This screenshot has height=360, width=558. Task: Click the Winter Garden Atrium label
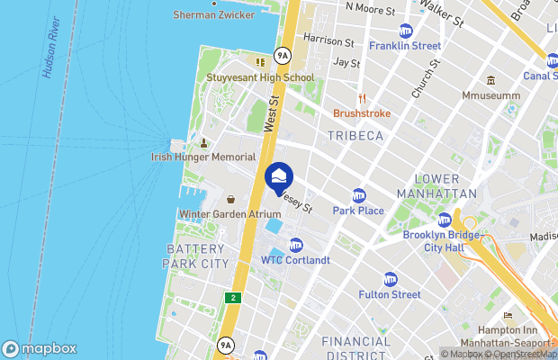pyautogui.click(x=231, y=214)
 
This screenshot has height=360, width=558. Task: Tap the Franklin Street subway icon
pyautogui.click(x=405, y=31)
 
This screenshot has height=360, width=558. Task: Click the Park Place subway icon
pyautogui.click(x=359, y=196)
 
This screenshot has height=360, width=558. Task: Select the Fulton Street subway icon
pyautogui.click(x=390, y=279)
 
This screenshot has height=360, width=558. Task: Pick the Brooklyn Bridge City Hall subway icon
pyautogui.click(x=444, y=220)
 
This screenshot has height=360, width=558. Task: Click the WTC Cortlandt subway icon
pyautogui.click(x=296, y=246)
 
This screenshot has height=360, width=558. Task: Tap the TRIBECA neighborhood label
pyautogui.click(x=355, y=135)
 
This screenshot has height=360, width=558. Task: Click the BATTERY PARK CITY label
pyautogui.click(x=196, y=256)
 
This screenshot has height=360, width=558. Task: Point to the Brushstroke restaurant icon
pyautogui.click(x=361, y=99)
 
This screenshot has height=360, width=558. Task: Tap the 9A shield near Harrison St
pyautogui.click(x=283, y=56)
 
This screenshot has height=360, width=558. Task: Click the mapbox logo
pyautogui.click(x=40, y=348)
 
